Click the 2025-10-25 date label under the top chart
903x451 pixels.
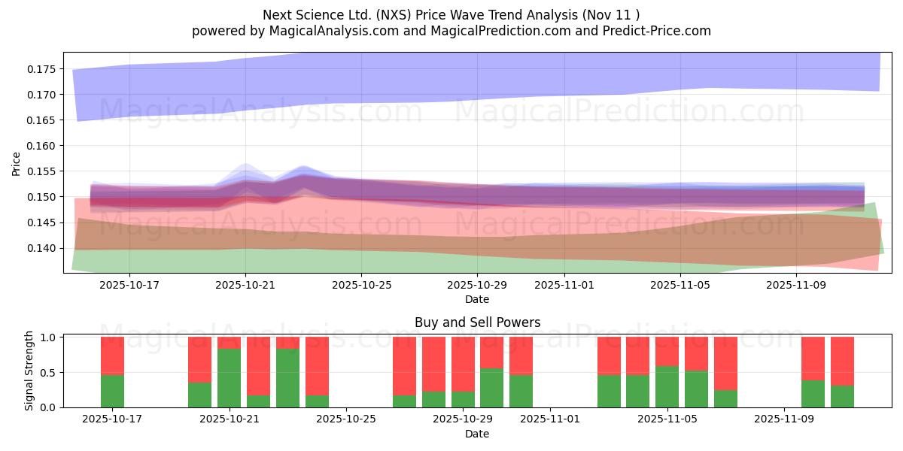pos(361,286)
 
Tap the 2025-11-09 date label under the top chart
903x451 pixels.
pos(796,286)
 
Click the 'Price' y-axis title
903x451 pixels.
pos(17,162)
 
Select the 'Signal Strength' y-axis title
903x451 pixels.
pos(29,371)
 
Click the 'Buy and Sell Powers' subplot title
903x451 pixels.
pos(477,323)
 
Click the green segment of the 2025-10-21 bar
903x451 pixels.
pos(229,378)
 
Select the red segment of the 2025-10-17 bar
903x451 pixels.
pos(112,356)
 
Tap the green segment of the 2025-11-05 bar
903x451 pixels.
pos(667,386)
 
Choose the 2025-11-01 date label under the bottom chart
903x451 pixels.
pos(551,419)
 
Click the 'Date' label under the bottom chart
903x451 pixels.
pos(477,434)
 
